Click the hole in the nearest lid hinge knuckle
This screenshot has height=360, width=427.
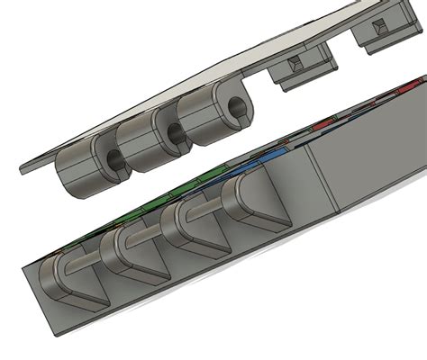[x=114, y=161]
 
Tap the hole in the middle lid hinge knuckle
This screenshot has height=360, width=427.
[x=174, y=136]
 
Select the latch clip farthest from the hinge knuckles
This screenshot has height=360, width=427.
[x=383, y=34]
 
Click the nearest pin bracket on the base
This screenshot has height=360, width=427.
[x=68, y=279]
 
